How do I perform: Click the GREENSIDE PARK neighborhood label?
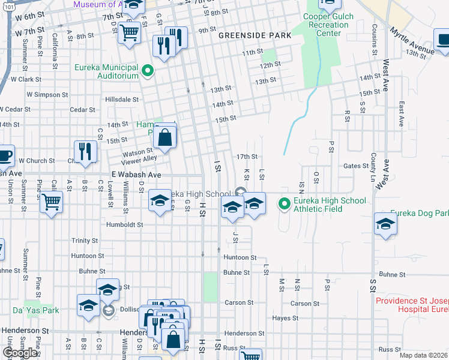click(x=255, y=35)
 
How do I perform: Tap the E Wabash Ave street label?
click(x=136, y=175)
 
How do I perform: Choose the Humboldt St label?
click(x=124, y=225)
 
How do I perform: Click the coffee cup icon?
click(x=4, y=155)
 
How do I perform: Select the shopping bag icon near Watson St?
click(x=164, y=137)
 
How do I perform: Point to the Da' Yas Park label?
click(x=37, y=311)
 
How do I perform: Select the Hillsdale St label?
click(x=122, y=100)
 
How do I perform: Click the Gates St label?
click(x=355, y=166)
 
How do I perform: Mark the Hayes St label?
click(x=285, y=319)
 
